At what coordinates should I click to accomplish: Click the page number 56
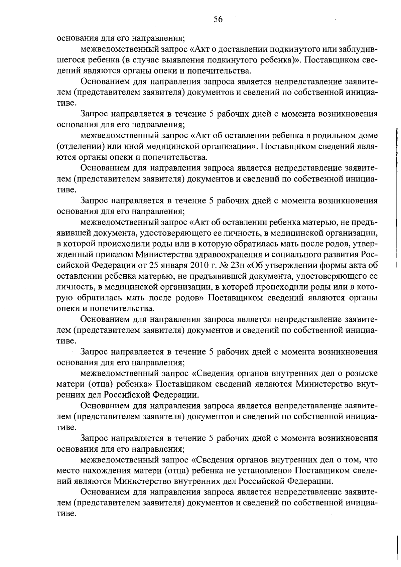pos(218,19)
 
